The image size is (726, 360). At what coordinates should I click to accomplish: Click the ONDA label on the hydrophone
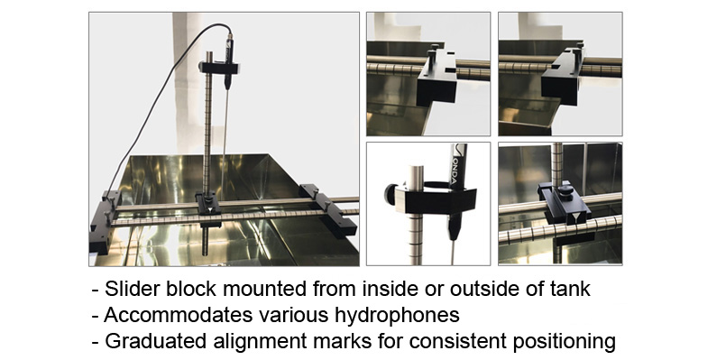[457, 169]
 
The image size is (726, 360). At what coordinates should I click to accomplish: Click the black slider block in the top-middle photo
[436, 78]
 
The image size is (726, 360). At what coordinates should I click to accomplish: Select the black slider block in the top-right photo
[562, 77]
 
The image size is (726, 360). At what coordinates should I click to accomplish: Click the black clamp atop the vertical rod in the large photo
[219, 68]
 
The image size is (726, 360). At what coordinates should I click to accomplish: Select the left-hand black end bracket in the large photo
[106, 221]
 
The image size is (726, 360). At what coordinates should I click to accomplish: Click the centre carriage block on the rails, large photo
[207, 208]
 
